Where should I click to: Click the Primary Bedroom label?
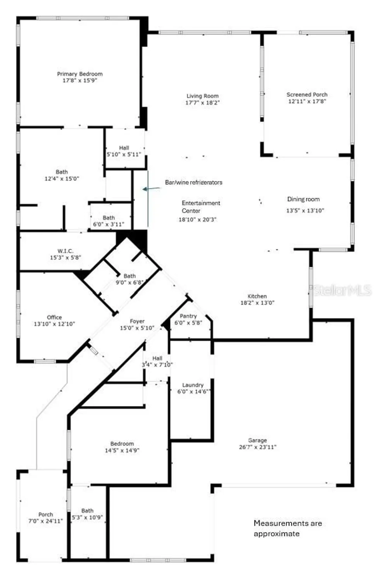click(80, 74)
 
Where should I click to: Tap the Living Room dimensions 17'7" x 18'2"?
click(202, 103)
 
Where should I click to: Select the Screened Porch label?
click(307, 94)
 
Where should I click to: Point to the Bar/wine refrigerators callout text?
click(193, 182)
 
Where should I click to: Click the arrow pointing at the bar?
click(151, 189)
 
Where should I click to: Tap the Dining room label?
click(303, 199)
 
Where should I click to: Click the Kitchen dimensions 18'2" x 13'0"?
click(257, 303)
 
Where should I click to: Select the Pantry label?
click(188, 316)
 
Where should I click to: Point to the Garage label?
click(257, 440)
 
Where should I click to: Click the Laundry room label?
click(193, 385)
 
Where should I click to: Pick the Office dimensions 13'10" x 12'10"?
click(54, 324)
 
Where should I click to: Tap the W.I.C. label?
click(65, 251)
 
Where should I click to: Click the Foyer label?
click(137, 321)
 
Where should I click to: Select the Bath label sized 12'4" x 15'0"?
click(61, 172)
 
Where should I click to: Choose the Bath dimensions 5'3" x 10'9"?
click(87, 517)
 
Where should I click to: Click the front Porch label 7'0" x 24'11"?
click(45, 514)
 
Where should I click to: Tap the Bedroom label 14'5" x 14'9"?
click(122, 444)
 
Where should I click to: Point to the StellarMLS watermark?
click(342, 290)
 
